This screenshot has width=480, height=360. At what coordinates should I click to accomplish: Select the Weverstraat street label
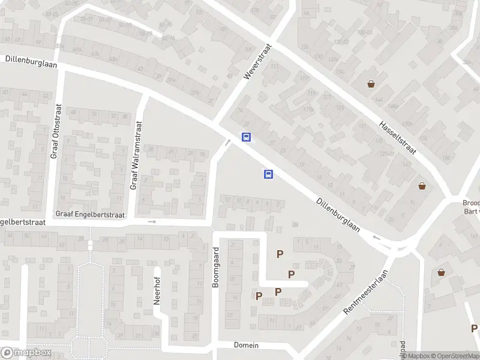[259, 62]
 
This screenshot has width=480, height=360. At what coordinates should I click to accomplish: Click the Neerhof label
[157, 287]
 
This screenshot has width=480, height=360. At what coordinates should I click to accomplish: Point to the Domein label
[246, 345]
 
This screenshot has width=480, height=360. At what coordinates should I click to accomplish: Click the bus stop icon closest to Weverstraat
[246, 137]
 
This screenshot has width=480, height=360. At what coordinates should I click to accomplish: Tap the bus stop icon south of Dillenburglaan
[268, 175]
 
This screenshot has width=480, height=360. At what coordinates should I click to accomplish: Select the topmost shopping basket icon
[372, 84]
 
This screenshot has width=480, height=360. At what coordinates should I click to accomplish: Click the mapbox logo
[26, 353]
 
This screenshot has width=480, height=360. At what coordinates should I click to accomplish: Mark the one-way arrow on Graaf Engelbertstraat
[152, 222]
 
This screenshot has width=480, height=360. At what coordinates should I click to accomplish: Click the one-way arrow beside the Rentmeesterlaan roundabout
[377, 238]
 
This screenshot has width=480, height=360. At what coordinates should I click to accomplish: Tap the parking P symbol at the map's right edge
[474, 328]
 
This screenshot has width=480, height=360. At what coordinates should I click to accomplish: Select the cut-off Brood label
[472, 203]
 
